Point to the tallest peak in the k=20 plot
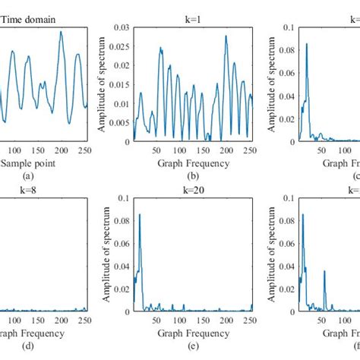click(x=141, y=215)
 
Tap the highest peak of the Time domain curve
click(x=62, y=32)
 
